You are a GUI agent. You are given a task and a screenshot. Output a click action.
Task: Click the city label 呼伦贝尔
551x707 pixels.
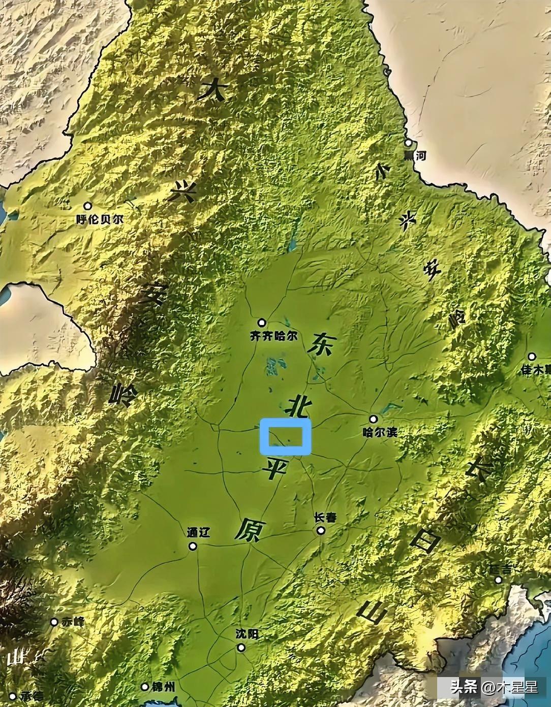pyautogui.click(x=100, y=220)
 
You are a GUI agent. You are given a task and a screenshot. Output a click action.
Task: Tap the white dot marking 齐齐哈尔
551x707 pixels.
pyautogui.click(x=262, y=322)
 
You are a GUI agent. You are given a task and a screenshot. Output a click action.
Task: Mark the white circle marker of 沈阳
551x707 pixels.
pyautogui.click(x=241, y=648)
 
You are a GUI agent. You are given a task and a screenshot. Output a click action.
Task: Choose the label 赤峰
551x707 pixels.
pyautogui.click(x=72, y=622)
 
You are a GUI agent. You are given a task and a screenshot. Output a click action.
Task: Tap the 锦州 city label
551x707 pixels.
pyautogui.click(x=164, y=687)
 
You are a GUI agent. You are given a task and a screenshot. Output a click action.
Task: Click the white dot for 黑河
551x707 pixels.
pyautogui.click(x=408, y=144)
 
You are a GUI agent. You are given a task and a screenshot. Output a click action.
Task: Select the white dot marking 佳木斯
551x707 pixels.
pyautogui.click(x=532, y=357)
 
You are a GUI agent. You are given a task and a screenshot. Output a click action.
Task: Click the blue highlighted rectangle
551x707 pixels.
pyautogui.click(x=285, y=436)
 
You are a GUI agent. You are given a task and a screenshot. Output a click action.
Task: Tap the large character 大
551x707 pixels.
pyautogui.click(x=212, y=91)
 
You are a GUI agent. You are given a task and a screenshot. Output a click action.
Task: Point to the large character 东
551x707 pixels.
pyautogui.click(x=320, y=345)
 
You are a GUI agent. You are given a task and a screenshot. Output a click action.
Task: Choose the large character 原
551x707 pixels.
pyautogui.click(x=249, y=531)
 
